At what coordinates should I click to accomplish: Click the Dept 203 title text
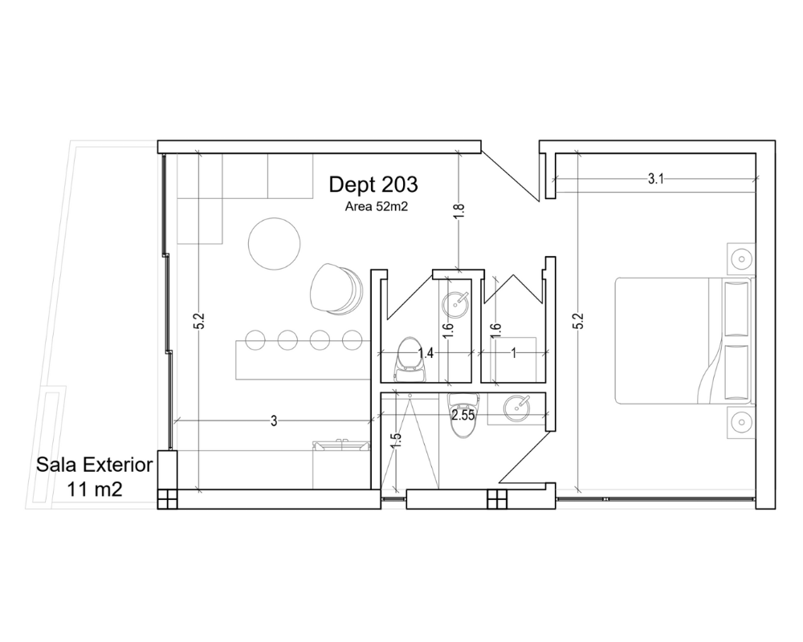point(373,185)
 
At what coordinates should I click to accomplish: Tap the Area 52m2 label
point(377,207)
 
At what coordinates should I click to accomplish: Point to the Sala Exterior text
point(94,465)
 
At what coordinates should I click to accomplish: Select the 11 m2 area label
point(96,490)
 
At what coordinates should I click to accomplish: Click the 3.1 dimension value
point(656,179)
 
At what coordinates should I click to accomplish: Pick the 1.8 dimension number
point(459,210)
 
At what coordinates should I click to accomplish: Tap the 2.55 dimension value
point(463,415)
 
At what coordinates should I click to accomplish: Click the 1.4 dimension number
point(426,352)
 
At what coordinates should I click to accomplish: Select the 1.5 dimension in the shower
point(396,441)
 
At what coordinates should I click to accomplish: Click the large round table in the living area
point(274,243)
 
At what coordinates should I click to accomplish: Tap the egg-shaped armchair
point(336,288)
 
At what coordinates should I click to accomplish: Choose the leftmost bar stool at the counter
point(255,340)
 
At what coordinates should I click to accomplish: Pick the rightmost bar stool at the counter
point(352,340)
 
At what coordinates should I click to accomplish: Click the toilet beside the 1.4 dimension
point(410,359)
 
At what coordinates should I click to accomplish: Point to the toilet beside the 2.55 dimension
point(463,415)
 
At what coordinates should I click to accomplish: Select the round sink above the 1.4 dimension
point(455,305)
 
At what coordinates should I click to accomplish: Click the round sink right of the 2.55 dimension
point(517,408)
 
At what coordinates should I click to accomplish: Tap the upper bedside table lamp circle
point(741,258)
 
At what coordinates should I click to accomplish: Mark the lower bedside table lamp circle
point(741,422)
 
